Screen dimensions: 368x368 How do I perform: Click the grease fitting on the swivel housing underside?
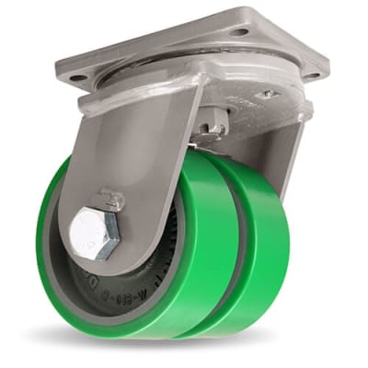[x=268, y=94]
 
